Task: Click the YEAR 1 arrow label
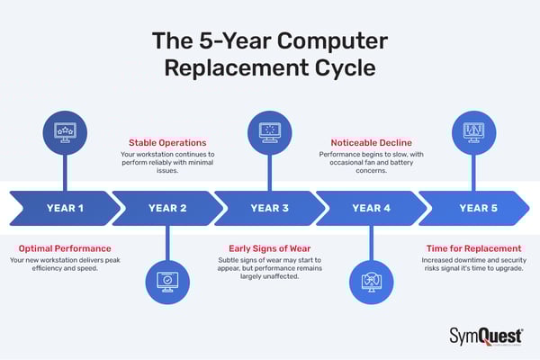(x=65, y=208)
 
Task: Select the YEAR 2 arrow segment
(x=166, y=208)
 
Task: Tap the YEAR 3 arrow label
(x=269, y=208)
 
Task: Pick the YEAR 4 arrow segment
(x=371, y=208)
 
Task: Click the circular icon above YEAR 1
(x=65, y=131)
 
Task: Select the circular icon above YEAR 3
(x=269, y=131)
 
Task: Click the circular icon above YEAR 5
(x=474, y=131)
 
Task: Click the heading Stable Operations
(x=167, y=142)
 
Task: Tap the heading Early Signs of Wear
(x=269, y=247)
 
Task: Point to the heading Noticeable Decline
(x=372, y=142)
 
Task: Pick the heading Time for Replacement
(x=473, y=247)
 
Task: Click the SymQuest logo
(x=485, y=336)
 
